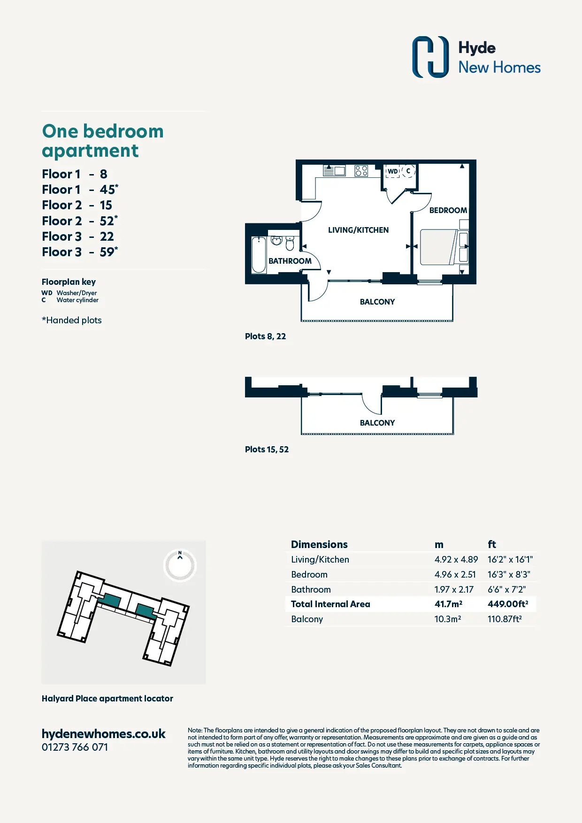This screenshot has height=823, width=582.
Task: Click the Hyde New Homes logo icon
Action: tap(430, 57)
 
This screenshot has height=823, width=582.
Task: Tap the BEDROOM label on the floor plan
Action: tap(448, 210)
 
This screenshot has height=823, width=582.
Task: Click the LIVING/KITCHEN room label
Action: tap(358, 230)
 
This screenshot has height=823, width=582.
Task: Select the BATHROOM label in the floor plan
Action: tap(290, 261)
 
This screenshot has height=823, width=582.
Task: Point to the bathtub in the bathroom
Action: tap(259, 255)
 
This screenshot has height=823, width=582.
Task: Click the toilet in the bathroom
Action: tap(290, 244)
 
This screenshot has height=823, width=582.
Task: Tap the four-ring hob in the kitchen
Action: tap(361, 170)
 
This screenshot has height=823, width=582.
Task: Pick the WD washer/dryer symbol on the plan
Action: tap(393, 171)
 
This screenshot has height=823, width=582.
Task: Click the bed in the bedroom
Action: tap(439, 247)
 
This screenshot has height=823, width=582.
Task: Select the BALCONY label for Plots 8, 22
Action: tap(377, 302)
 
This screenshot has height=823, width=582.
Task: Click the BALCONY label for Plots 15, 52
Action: tap(377, 423)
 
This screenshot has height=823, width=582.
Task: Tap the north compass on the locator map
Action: tap(180, 565)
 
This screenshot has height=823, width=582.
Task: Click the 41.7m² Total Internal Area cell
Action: tap(448, 604)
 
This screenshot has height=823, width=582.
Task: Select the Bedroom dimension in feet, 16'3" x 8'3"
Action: tap(509, 574)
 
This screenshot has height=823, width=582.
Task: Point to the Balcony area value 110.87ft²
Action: tap(505, 619)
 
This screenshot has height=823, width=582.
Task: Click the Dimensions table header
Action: tap(319, 544)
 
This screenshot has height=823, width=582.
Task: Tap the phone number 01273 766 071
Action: tap(75, 747)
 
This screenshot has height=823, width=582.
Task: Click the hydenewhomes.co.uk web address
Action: tap(103, 734)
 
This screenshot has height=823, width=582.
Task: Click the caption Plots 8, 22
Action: tap(265, 336)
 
